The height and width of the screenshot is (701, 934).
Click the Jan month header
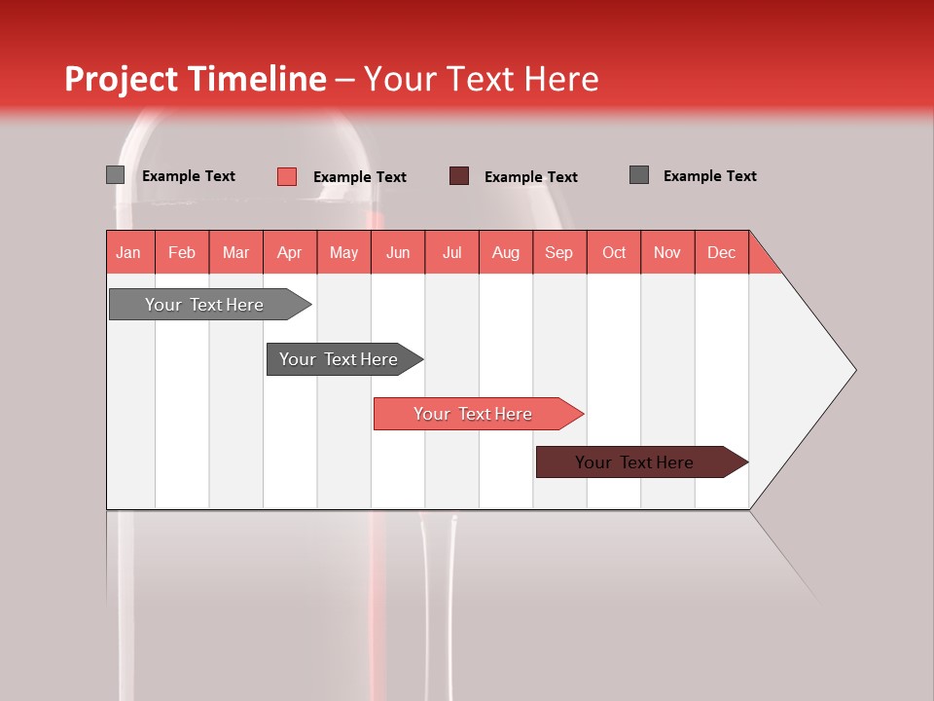(x=129, y=252)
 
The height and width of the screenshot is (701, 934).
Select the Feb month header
(x=182, y=252)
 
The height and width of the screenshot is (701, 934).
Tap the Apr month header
(x=290, y=252)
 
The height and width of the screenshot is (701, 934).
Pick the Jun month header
(x=398, y=252)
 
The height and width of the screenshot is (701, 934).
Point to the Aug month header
(x=506, y=252)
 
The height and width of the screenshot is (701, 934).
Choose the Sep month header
(x=559, y=252)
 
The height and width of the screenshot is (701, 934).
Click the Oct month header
(x=614, y=252)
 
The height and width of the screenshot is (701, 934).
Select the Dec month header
(x=722, y=252)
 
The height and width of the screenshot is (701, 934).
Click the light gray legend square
(x=115, y=175)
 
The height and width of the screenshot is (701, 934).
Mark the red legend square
(x=287, y=176)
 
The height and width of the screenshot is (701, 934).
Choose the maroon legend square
(x=459, y=176)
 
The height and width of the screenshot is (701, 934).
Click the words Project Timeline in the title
(x=195, y=79)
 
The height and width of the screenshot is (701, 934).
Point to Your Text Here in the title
(x=482, y=79)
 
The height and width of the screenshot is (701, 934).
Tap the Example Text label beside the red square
(x=360, y=177)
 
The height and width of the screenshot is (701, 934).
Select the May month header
(x=343, y=252)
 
